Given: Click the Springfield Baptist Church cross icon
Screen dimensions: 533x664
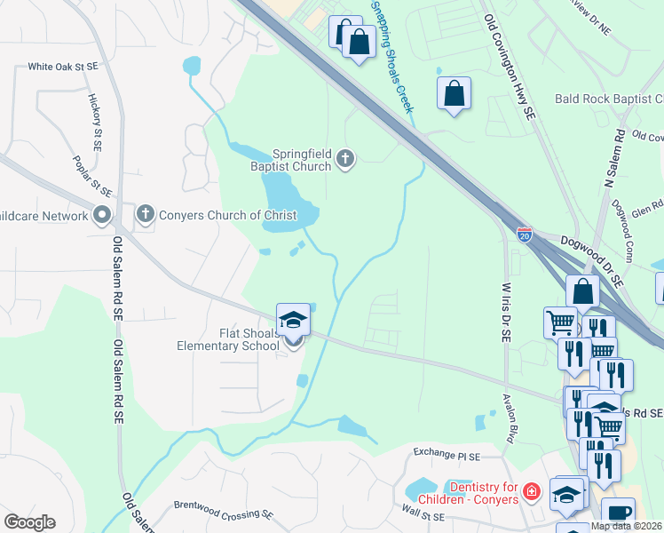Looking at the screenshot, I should pyautogui.click(x=345, y=160).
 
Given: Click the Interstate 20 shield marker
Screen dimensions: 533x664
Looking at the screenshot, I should pyautogui.click(x=525, y=235).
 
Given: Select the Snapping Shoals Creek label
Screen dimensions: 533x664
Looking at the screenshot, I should pyautogui.click(x=392, y=56).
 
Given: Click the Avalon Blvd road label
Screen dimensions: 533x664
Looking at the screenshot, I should pyautogui.click(x=510, y=418).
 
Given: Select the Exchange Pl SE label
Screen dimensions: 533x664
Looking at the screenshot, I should pyautogui.click(x=447, y=455).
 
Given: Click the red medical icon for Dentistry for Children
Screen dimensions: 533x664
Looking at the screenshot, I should pyautogui.click(x=531, y=491).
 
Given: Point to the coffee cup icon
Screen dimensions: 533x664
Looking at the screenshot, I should pyautogui.click(x=618, y=513).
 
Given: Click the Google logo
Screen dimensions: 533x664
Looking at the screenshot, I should pyautogui.click(x=29, y=522).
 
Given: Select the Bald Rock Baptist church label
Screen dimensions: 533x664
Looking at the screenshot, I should pyautogui.click(x=609, y=99).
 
